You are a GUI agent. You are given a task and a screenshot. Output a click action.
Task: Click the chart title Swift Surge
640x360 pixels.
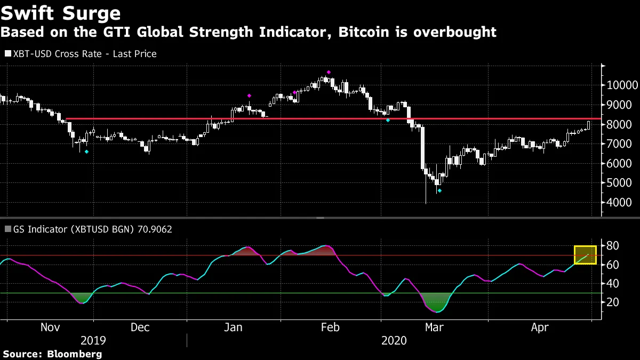[x=60, y=13]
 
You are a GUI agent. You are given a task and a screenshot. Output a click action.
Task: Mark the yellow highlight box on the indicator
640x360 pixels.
[x=585, y=255]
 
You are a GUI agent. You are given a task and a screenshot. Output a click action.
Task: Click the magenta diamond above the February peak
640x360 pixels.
[x=329, y=72]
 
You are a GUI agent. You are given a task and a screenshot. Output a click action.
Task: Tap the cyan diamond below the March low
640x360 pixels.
[x=439, y=190]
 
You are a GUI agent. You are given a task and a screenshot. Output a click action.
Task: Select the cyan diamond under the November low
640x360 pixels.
[x=87, y=152]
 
